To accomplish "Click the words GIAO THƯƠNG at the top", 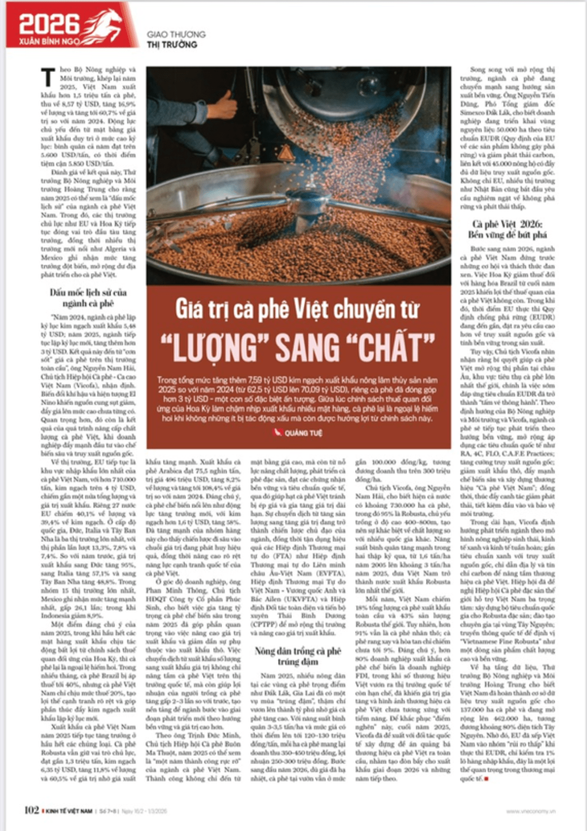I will [176, 34].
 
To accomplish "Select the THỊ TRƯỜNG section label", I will [172, 45].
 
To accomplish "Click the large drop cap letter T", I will [47, 78].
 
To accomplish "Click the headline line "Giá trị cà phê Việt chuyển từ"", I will [298, 310].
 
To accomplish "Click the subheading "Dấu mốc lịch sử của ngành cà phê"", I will [88, 298].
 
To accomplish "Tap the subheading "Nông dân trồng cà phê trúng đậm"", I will [297, 656].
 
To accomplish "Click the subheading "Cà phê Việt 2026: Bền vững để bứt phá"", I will [507, 229].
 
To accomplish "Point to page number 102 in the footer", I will [31, 810].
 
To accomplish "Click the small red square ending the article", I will [486, 779].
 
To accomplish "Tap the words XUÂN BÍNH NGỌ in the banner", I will [49, 41].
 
